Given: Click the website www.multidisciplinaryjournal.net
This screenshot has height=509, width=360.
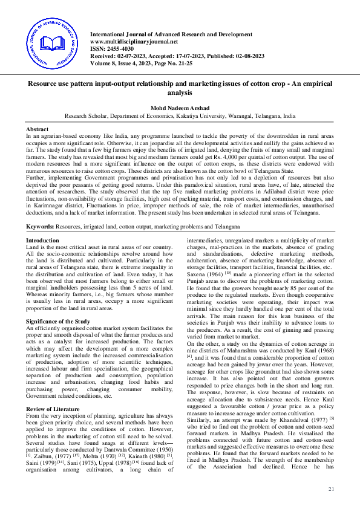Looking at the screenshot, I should point(134,42).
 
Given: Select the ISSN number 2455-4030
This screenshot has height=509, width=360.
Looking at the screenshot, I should point(123,49).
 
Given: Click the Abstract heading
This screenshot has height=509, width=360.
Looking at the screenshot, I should point(38,130).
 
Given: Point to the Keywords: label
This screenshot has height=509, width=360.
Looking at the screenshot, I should point(40,226).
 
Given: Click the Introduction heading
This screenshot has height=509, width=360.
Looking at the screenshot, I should point(42,241).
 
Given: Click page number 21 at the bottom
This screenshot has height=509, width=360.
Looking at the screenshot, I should point(330,488).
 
